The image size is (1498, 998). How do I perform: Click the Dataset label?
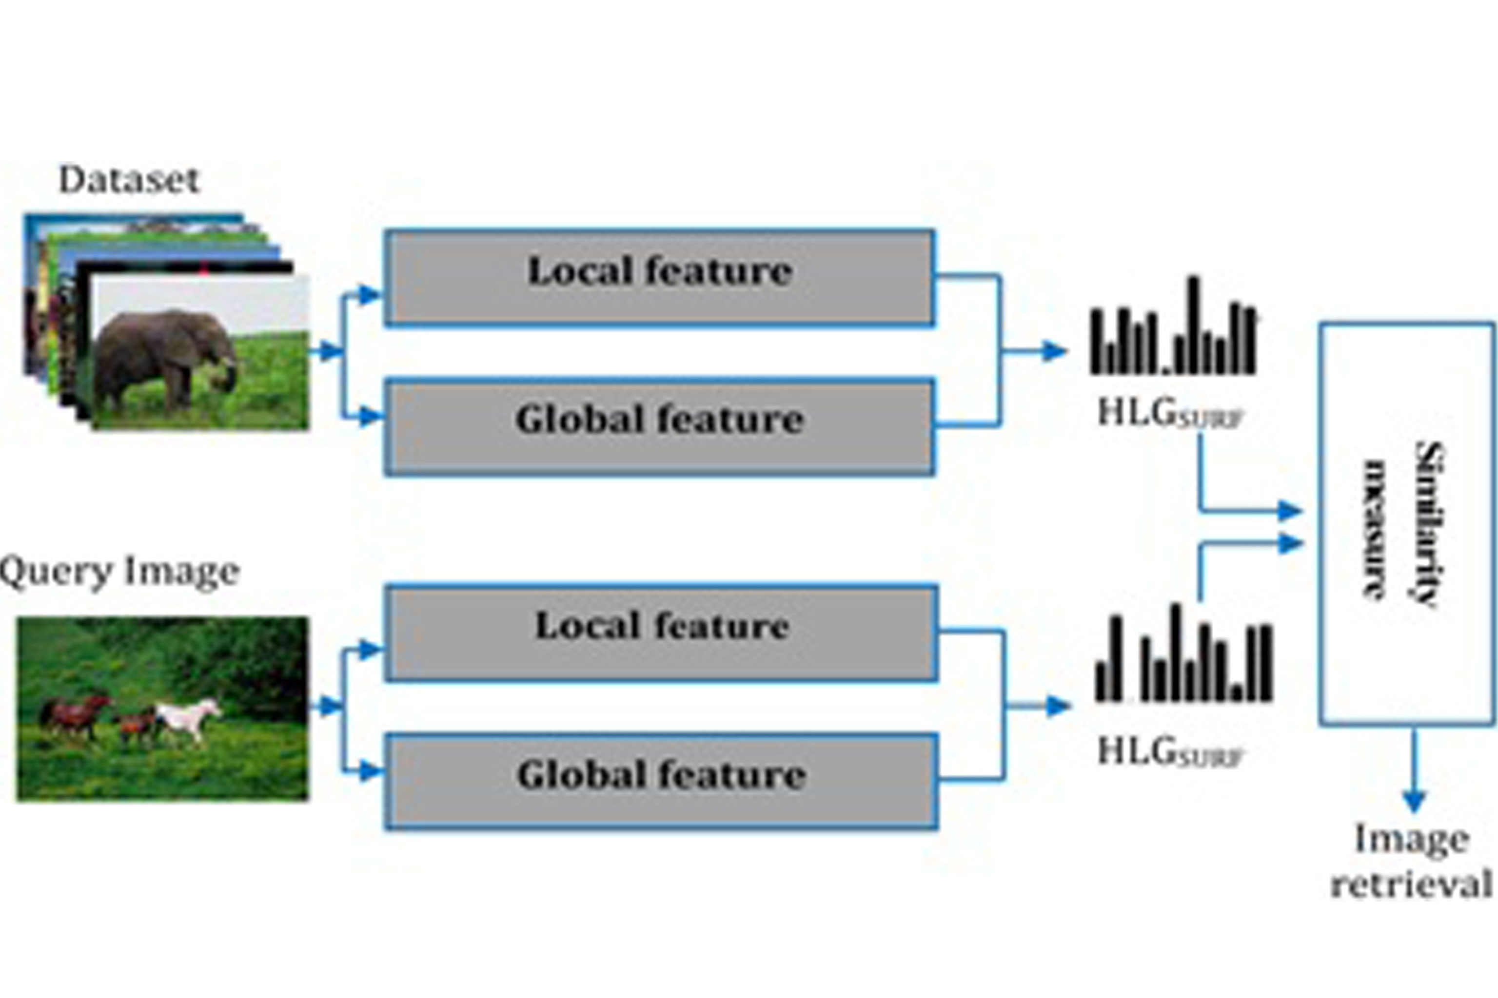click(129, 180)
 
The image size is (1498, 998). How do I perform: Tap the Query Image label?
click(120, 572)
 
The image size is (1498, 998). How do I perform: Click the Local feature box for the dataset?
click(660, 278)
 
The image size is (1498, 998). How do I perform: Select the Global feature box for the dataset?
click(660, 427)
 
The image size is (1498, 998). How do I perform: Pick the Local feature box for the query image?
click(661, 633)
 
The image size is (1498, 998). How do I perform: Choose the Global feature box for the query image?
click(661, 782)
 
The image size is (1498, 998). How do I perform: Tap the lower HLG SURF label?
click(1169, 752)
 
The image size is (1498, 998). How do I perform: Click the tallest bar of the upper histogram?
click(1194, 325)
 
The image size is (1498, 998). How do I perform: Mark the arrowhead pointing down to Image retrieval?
click(1414, 801)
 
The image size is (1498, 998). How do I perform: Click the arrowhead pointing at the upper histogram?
click(1054, 351)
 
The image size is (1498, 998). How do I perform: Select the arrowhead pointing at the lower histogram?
click(1057, 706)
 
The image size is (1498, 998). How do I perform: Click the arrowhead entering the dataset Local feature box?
click(370, 295)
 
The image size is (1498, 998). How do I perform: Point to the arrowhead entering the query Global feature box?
click(370, 771)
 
